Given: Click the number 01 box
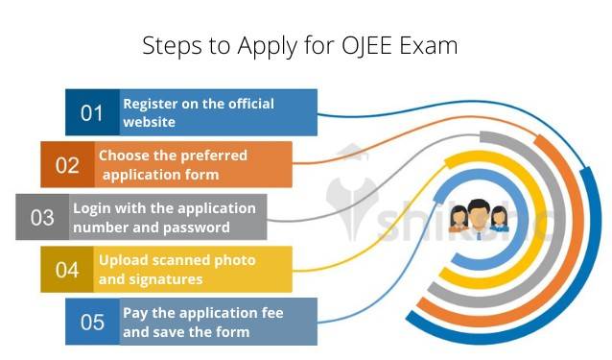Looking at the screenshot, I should coord(92,113).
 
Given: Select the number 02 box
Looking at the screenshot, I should coord(67,165).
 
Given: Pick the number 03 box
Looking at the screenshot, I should coord(42,217).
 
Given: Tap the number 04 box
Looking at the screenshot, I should coord(67,270).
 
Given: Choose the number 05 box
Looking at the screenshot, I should coord(92,322).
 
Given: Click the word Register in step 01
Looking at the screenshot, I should coord(151,104).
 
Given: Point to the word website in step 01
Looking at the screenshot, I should coord(149,122).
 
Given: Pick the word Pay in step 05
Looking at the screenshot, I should coord(134,313).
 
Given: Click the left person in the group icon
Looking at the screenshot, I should coord(458,220).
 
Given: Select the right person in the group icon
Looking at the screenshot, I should coord(499,220).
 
